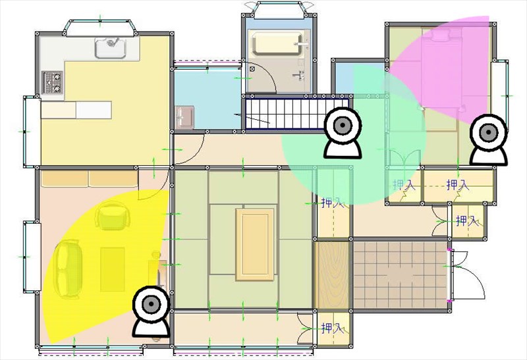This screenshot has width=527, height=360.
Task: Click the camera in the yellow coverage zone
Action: tap(151, 311)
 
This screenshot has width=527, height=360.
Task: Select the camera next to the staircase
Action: tap(343, 133)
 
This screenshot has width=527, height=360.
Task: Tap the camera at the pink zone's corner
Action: tap(488, 140)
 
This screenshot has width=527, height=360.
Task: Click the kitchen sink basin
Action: tap(111, 47)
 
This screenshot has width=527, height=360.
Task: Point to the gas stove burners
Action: tap(53, 82)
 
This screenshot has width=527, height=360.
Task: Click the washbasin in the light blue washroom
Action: tap(184, 118)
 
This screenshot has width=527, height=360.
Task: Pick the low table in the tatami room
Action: tap(255, 244)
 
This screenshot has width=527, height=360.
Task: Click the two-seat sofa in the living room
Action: tap(67, 269)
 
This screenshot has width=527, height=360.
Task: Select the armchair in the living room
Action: tap(111, 215)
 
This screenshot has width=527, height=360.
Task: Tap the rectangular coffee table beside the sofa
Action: tap(113, 269)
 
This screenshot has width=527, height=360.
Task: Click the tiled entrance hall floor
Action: tap(400, 275)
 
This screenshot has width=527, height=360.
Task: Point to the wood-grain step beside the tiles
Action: tap(331, 275)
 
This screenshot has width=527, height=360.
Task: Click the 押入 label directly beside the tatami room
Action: tap(333, 203)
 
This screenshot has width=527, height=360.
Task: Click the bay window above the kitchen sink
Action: tap(100, 28)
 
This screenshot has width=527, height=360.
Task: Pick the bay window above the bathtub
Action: tap(279, 9)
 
